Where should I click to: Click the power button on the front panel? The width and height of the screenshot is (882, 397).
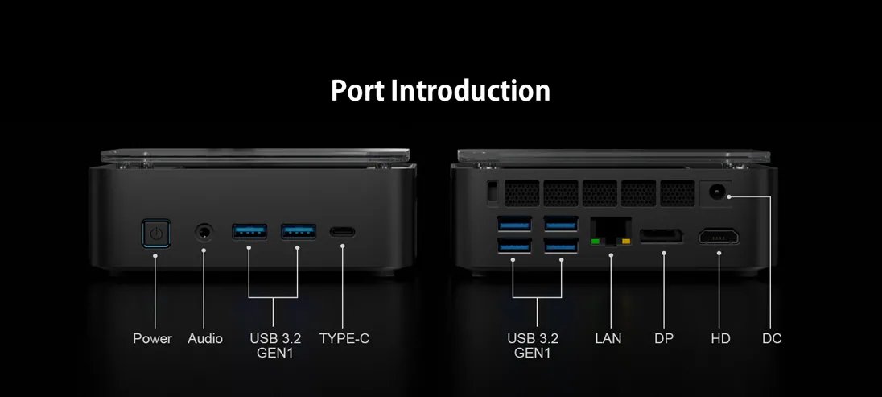156,233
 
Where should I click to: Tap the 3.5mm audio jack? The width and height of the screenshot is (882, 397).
204,231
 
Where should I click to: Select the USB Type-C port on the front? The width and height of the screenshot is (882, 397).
342,231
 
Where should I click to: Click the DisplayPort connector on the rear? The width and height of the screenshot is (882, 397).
661,236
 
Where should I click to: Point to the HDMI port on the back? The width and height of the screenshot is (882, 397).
719,237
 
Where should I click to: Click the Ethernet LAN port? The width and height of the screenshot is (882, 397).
610,231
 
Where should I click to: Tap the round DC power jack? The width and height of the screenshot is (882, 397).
716,192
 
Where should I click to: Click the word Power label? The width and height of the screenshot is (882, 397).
152,338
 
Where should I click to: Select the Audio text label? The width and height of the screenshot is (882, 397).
205,338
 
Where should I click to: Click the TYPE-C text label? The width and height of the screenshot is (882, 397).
344,338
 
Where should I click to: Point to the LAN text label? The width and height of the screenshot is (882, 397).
608,338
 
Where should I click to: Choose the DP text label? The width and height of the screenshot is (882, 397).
664,338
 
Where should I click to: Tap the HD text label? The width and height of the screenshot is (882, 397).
720,338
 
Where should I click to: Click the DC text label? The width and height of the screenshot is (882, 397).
772,338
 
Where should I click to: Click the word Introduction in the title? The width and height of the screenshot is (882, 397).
470,91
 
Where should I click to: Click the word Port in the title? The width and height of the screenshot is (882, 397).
357,91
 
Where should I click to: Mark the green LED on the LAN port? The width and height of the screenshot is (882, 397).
595,242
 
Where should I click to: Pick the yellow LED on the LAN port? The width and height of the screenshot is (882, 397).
626,242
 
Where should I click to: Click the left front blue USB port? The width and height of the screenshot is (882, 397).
249,231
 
